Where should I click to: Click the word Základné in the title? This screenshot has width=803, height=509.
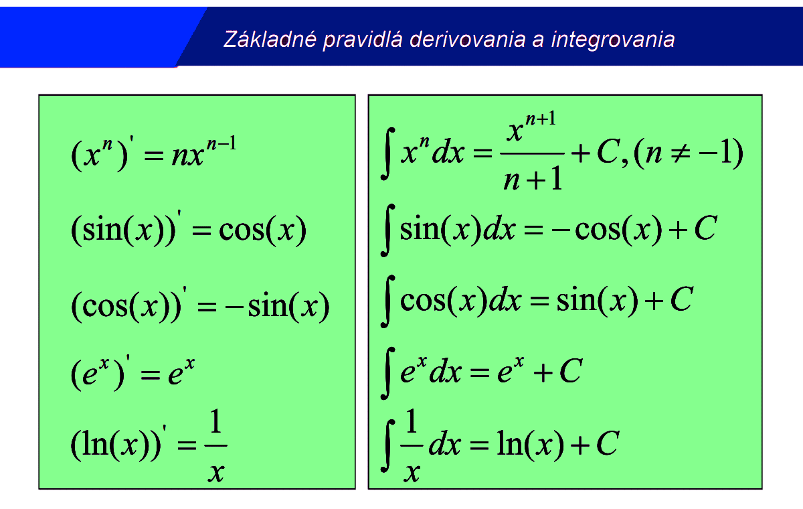270,39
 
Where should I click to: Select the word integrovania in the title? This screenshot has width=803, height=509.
613,40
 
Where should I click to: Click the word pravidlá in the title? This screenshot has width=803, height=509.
363,40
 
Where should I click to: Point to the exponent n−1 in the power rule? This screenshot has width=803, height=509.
222,143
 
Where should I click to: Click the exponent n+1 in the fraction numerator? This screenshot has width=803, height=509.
541,119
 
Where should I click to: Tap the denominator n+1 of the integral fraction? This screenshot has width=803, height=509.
533,179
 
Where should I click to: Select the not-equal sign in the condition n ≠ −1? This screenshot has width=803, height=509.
680,153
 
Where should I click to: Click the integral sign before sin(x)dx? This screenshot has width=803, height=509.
387,230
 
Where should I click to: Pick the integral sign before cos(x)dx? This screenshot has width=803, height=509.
387,301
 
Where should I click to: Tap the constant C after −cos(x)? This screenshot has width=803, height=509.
705,228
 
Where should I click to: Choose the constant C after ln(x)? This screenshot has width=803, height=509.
608,443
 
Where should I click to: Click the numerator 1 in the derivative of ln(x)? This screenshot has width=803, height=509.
215,421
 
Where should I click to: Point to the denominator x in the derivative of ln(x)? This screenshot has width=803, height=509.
215,472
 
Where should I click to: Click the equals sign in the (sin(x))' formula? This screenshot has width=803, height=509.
202,230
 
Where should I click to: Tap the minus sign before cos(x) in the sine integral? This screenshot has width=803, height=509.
561,230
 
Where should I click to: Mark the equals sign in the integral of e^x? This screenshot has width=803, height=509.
480,373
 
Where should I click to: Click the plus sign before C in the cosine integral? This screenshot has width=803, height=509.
654,301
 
